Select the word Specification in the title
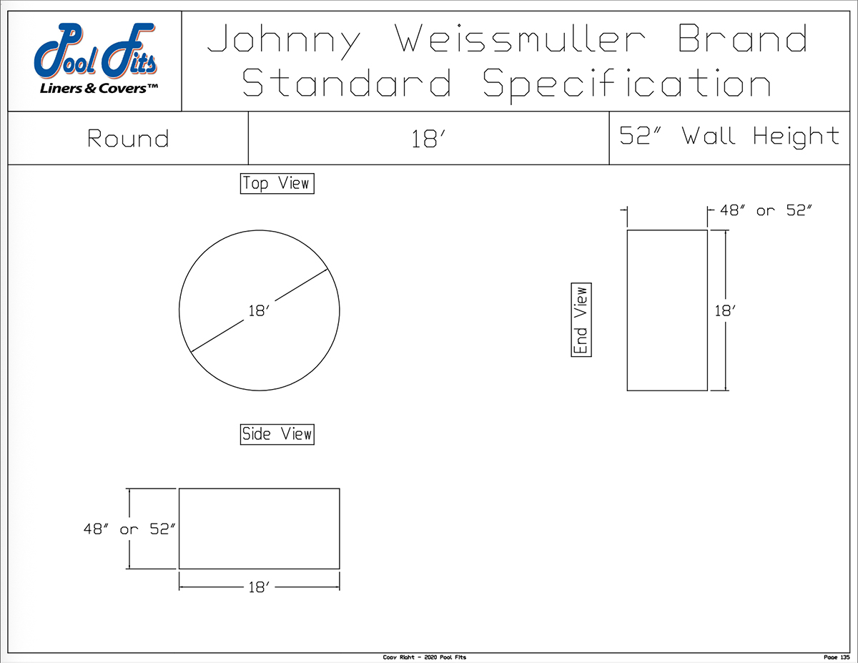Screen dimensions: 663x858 [626, 84]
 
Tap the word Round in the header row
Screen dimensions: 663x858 [128, 138]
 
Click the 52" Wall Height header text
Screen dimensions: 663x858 [729, 136]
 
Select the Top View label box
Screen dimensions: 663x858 [277, 184]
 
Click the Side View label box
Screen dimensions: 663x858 [277, 433]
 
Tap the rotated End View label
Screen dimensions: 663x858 [581, 320]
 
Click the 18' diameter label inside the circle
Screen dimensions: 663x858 [257, 311]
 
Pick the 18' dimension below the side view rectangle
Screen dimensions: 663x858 [258, 588]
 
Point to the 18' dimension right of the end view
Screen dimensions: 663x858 [726, 311]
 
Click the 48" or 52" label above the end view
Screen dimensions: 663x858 [766, 210]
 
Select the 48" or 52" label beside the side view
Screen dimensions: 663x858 [129, 529]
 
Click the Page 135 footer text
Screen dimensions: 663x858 [834, 657]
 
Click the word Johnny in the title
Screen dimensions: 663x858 [284, 40]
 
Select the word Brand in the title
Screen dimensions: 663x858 [742, 40]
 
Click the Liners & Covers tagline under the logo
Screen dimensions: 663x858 [96, 88]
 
